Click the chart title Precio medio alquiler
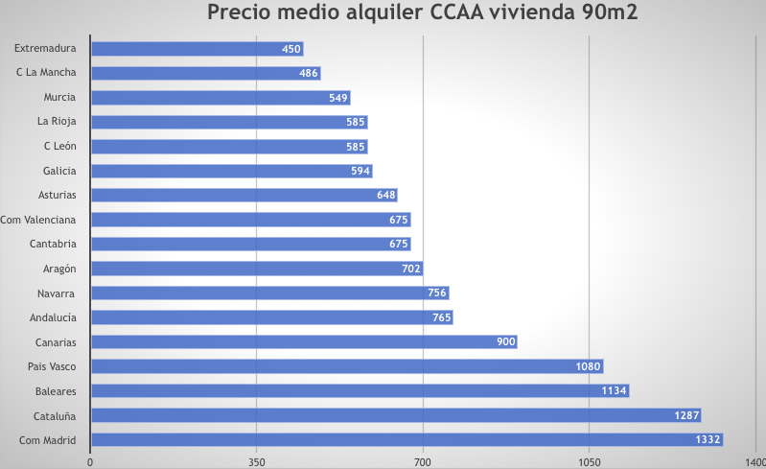[423, 14]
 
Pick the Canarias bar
[303, 342]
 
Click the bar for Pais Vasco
[346, 366]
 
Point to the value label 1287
[686, 415]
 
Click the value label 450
[291, 49]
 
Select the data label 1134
[615, 391]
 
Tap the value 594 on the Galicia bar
[360, 171]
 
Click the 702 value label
[411, 269]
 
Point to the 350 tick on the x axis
[256, 461]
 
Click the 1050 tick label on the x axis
[589, 461]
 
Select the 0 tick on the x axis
[90, 461]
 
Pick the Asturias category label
[58, 195]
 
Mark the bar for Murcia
[220, 98]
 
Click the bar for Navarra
[269, 293]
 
